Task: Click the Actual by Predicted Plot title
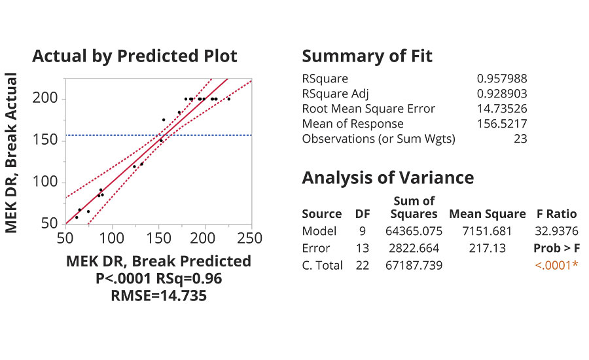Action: click(x=134, y=56)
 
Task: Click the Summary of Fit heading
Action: click(x=367, y=56)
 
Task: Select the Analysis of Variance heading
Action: click(x=387, y=177)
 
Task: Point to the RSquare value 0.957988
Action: click(x=502, y=79)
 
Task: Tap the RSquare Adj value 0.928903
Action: click(x=502, y=94)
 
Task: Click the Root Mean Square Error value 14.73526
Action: click(x=502, y=109)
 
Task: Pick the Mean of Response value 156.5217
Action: click(x=502, y=124)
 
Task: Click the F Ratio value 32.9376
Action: click(x=554, y=231)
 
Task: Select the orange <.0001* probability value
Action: click(x=557, y=265)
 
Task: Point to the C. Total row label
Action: click(x=322, y=265)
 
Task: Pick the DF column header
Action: click(x=362, y=214)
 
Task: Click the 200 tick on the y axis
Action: click(x=45, y=99)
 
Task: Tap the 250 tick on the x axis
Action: click(x=251, y=237)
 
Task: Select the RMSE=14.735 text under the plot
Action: click(x=158, y=295)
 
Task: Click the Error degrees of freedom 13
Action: click(x=362, y=248)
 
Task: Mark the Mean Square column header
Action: click(x=487, y=214)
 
